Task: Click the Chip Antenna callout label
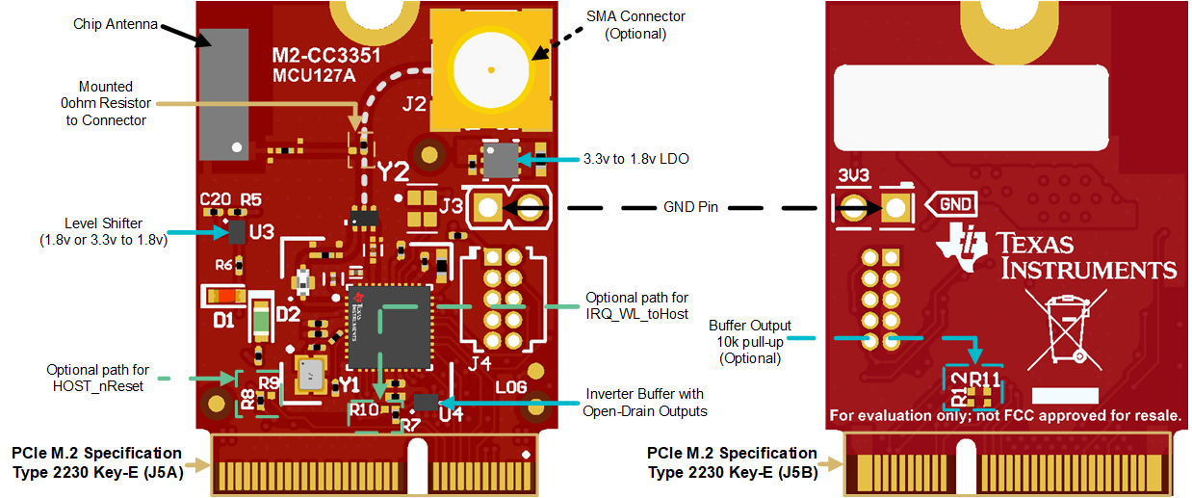(x=116, y=24)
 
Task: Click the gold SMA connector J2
(x=491, y=69)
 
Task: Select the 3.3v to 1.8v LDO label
(x=636, y=158)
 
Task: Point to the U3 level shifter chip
(x=236, y=231)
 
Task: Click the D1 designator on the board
(x=223, y=320)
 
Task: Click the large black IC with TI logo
(x=389, y=328)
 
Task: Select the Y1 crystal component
(x=310, y=374)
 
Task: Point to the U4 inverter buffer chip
(x=425, y=401)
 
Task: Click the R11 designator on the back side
(x=984, y=380)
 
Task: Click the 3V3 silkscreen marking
(x=855, y=177)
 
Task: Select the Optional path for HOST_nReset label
(x=97, y=377)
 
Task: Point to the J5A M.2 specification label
(x=96, y=461)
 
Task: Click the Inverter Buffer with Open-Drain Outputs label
(x=644, y=403)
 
